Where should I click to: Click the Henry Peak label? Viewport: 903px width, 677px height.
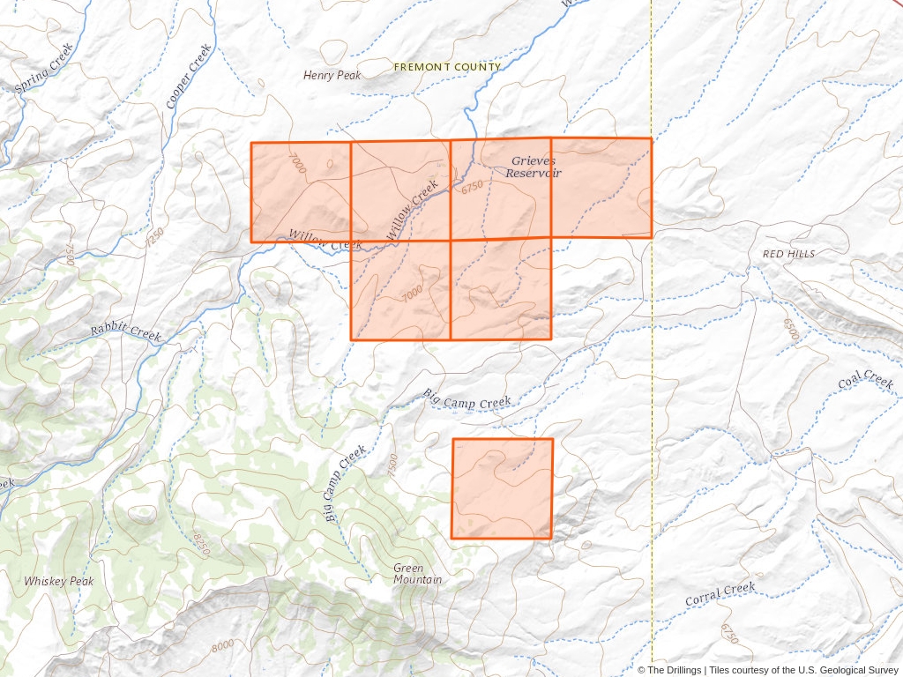click(332, 76)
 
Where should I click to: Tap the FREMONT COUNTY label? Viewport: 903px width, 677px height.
click(447, 67)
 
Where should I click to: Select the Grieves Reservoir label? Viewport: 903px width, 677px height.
click(534, 167)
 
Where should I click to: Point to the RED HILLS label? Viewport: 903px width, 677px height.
click(788, 254)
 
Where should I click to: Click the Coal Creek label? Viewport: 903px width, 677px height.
click(866, 380)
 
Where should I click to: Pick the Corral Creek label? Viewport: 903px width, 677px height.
click(720, 594)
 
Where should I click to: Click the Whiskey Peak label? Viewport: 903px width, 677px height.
click(58, 582)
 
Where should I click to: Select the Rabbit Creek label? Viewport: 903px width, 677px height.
click(126, 333)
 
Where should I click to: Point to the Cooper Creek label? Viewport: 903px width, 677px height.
click(189, 76)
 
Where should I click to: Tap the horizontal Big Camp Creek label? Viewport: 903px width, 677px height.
click(467, 403)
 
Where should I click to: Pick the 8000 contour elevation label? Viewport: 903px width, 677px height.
click(222, 646)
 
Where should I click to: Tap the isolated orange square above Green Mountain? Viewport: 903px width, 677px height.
click(502, 488)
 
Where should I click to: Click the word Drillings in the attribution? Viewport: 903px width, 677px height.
click(678, 671)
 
